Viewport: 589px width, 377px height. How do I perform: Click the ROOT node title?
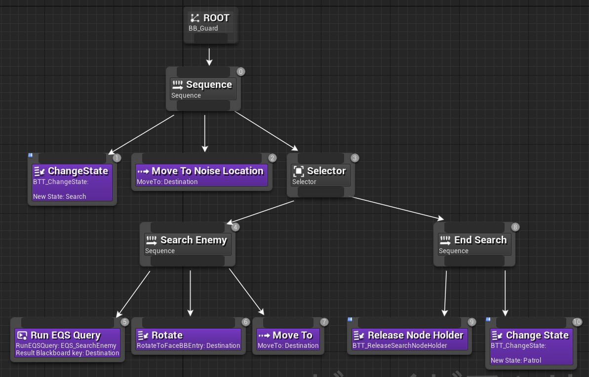[216, 18]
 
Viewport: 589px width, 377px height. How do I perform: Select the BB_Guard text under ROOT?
[203, 29]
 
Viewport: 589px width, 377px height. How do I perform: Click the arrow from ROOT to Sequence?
[209, 56]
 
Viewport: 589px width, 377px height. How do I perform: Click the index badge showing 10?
[577, 322]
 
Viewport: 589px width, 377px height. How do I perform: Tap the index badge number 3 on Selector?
[354, 158]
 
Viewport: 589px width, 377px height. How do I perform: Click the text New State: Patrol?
[515, 360]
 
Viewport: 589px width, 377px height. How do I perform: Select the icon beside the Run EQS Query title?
[22, 336]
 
